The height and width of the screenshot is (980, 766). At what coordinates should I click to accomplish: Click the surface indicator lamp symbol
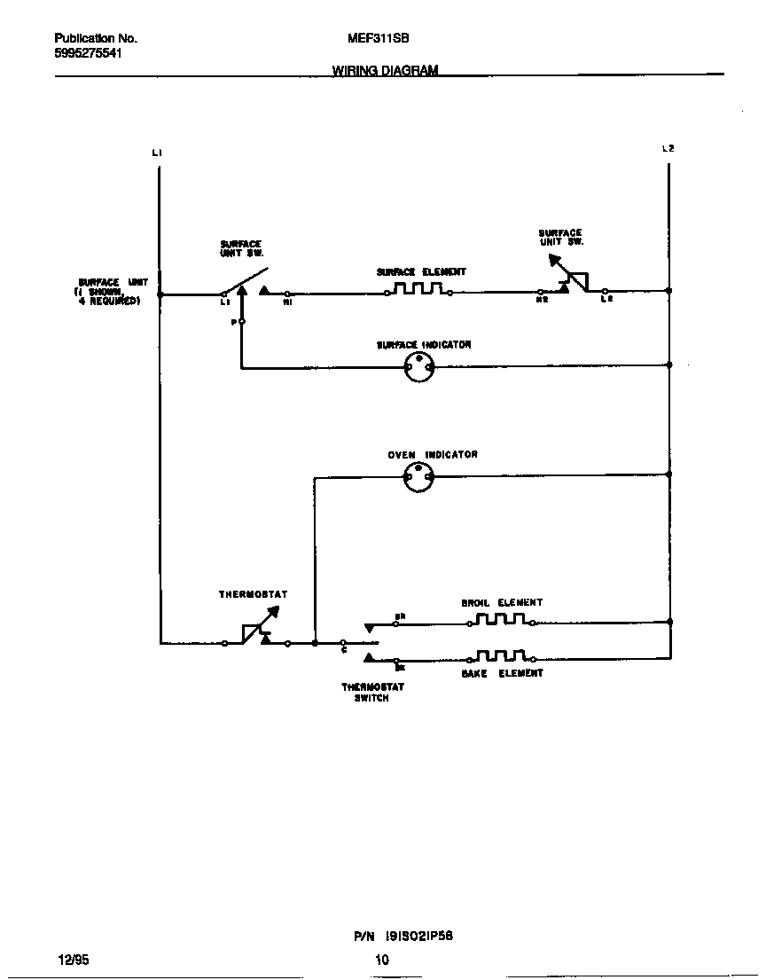[418, 366]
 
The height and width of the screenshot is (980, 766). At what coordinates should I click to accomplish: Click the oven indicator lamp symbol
[418, 477]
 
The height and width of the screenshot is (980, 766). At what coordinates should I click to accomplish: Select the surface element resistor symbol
[418, 289]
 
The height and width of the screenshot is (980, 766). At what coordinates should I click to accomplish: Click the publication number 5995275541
[88, 53]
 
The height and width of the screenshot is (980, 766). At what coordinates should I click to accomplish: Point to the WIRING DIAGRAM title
[385, 71]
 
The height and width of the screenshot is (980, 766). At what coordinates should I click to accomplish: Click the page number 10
[382, 959]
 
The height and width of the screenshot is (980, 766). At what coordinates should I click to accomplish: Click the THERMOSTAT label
[253, 594]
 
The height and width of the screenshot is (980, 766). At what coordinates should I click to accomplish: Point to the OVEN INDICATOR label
[433, 455]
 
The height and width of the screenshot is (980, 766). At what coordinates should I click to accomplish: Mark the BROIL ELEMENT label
[502, 603]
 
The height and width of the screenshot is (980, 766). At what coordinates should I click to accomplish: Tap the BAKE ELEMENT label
[502, 673]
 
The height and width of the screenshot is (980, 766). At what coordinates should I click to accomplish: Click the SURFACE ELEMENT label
[421, 272]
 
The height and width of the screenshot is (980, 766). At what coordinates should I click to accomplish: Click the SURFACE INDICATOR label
[424, 345]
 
